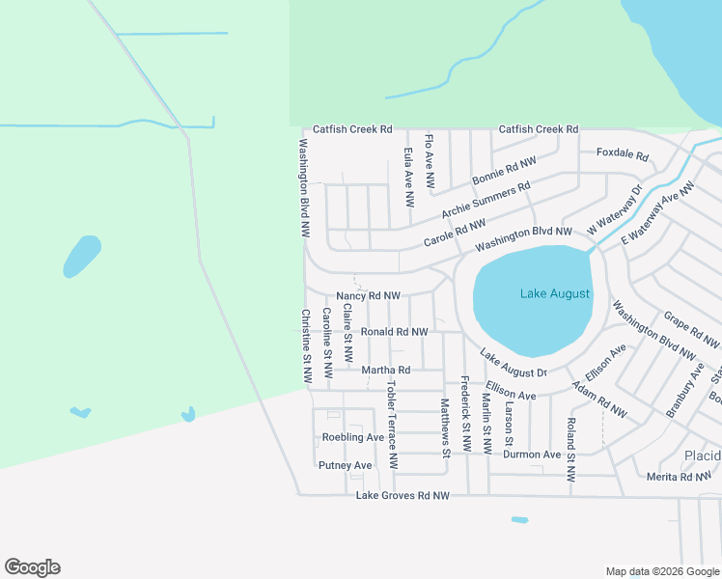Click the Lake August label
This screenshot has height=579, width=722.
coord(554,293)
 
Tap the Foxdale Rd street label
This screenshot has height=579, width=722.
coord(622,153)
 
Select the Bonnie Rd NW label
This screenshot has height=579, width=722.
coord(503,172)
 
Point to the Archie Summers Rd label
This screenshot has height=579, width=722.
coord(486,200)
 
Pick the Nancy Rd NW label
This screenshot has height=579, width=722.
coord(368,296)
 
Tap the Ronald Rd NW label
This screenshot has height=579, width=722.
coord(394,332)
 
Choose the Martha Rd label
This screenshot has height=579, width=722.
coord(385,370)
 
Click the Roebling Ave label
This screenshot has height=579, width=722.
coord(353,437)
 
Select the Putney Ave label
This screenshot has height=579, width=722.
coord(345,465)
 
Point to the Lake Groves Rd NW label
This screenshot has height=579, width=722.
coord(403,496)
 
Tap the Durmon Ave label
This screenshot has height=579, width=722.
coord(532,455)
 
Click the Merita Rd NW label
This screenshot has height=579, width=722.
coord(680,477)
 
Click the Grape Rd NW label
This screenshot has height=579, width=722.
coord(691,329)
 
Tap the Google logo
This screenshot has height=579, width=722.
coord(32,567)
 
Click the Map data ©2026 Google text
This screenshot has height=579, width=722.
coord(661,571)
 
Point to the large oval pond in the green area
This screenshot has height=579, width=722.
coord(82,256)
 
